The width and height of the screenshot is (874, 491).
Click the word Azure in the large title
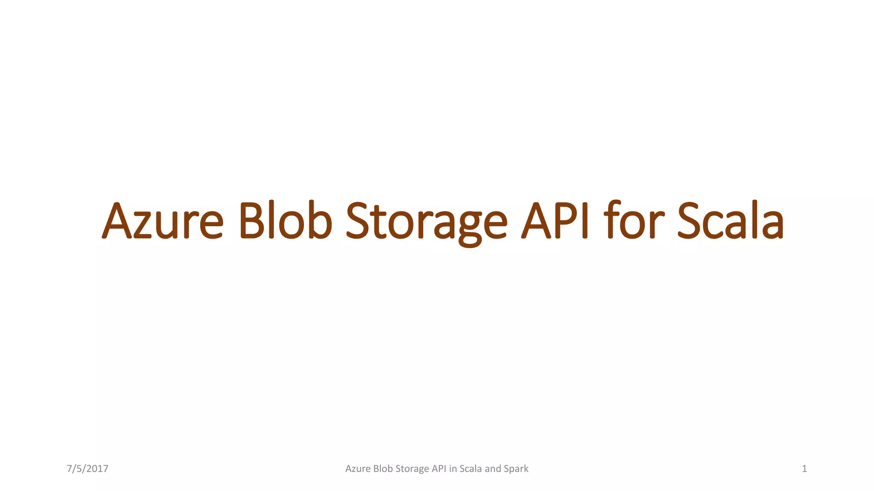(x=163, y=221)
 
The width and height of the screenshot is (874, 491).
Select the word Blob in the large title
(x=286, y=221)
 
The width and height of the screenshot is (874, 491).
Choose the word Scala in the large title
(x=731, y=221)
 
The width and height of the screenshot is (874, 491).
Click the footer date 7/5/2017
(x=87, y=469)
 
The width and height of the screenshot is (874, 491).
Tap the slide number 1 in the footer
(x=804, y=469)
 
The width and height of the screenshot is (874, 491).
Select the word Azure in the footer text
(x=358, y=469)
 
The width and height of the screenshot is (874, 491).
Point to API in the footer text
(x=439, y=469)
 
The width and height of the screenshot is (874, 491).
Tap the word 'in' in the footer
(x=453, y=469)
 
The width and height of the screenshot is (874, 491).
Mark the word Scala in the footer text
(x=471, y=469)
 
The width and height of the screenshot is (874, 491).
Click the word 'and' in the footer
(x=493, y=469)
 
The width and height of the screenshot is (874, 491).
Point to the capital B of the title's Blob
(x=252, y=221)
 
